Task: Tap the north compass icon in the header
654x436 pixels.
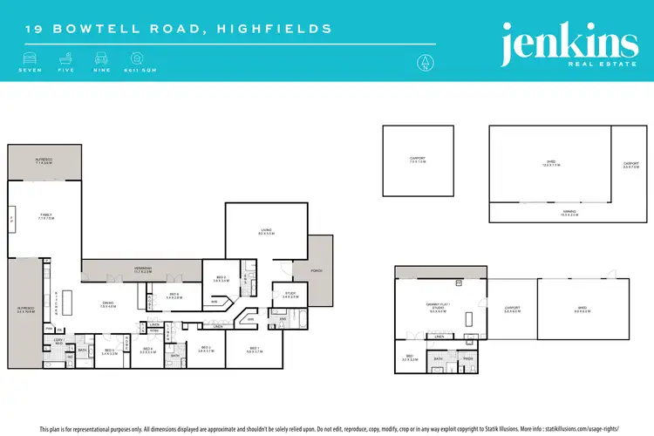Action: coord(424,61)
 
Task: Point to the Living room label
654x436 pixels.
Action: coord(266,232)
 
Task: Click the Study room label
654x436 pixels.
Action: coord(290,295)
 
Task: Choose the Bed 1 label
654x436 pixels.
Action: coord(253,350)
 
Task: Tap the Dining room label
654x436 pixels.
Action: coord(108,303)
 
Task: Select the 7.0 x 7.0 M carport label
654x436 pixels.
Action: coord(418,160)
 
